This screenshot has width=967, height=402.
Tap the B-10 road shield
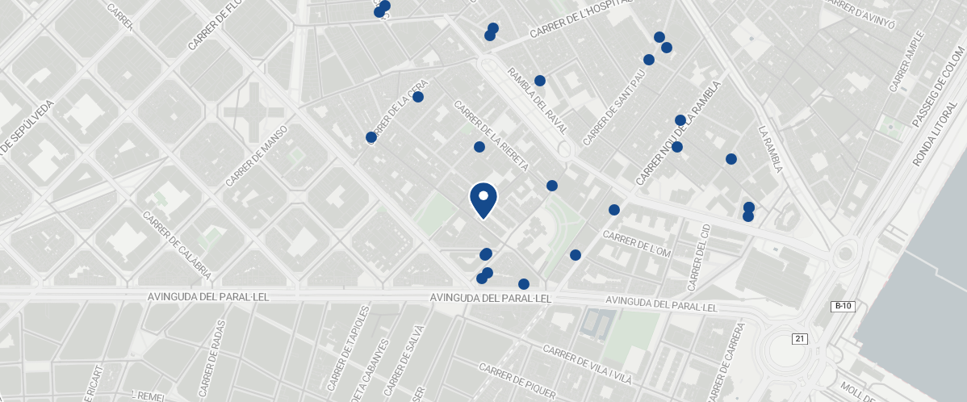842,307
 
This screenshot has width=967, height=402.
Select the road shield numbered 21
799,338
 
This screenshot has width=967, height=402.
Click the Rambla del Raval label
537,100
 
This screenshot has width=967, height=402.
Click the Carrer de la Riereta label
491,136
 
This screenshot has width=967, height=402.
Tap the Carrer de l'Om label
637,245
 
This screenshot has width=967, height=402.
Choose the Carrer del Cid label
698,258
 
